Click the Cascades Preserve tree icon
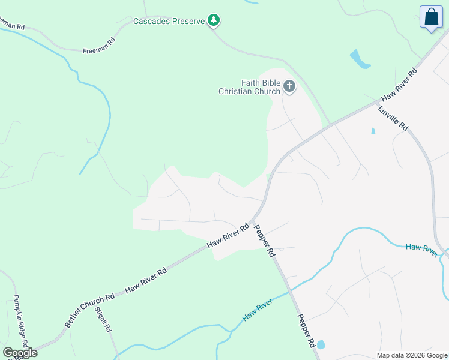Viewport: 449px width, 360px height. [x=214, y=20]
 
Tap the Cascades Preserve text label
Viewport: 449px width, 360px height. [x=170, y=21]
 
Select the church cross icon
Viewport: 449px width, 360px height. [x=289, y=87]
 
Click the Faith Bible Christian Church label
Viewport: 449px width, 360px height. [x=249, y=87]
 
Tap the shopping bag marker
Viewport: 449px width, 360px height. [x=431, y=18]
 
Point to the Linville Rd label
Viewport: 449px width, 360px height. [x=393, y=118]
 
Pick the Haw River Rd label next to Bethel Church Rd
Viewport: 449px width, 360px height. [x=145, y=280]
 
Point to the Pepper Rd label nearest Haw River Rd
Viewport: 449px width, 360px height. [x=264, y=241]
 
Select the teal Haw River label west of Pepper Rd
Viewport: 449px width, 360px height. [x=258, y=309]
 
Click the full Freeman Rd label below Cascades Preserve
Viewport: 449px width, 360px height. [x=98, y=47]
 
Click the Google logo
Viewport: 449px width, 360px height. [x=20, y=353]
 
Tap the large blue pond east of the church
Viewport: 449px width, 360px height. [x=359, y=59]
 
